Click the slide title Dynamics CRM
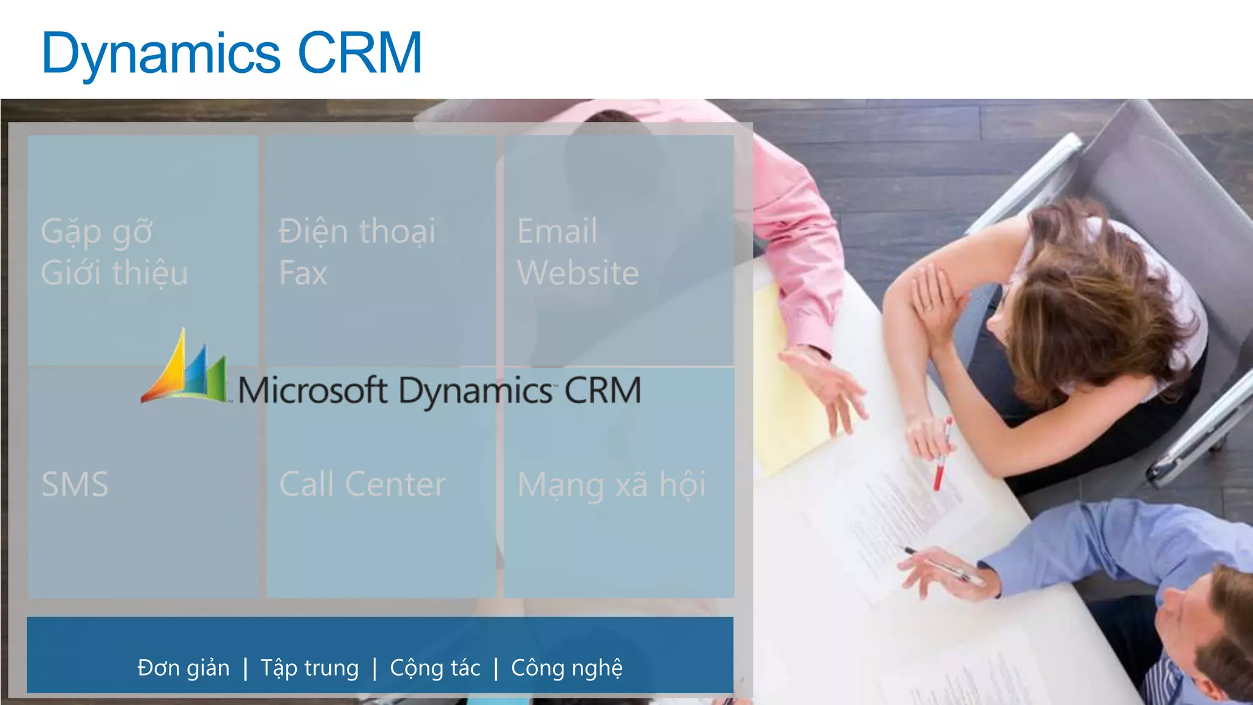231,53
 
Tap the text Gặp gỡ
97,233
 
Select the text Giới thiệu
114,273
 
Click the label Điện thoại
357,232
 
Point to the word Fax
303,273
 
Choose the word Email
557,231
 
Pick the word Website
578,273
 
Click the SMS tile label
75,485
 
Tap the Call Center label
363,485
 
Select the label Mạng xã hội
612,485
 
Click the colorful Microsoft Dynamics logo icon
185,370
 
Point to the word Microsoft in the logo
312,390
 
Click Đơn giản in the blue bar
184,668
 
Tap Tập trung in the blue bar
310,668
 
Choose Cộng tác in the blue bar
435,668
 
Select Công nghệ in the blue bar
567,668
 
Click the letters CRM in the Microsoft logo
603,390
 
